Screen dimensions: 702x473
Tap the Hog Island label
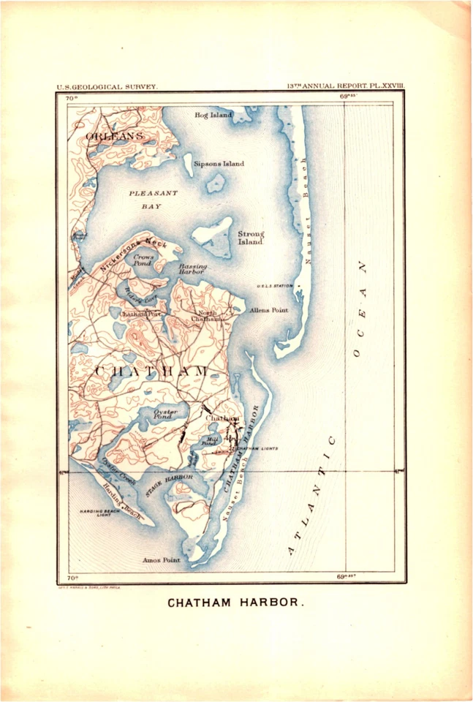pyautogui.click(x=213, y=116)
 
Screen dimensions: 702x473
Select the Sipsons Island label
pyautogui.click(x=219, y=164)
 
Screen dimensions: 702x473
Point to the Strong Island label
pyautogui.click(x=251, y=238)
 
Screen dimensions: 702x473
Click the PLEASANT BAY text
pyautogui.click(x=153, y=200)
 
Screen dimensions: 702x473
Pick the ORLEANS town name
pyautogui.click(x=115, y=137)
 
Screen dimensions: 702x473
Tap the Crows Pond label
pyautogui.click(x=143, y=260)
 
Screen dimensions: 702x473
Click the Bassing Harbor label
pyautogui.click(x=193, y=269)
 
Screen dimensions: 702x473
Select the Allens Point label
pyautogui.click(x=268, y=310)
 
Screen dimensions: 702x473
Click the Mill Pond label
pyautogui.click(x=208, y=442)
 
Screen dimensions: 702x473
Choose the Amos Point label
pyautogui.click(x=162, y=560)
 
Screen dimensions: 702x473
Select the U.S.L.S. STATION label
pyautogui.click(x=273, y=286)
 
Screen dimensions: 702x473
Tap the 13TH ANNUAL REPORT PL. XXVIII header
pyautogui.click(x=347, y=86)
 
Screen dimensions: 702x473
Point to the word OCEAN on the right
pyautogui.click(x=359, y=309)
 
